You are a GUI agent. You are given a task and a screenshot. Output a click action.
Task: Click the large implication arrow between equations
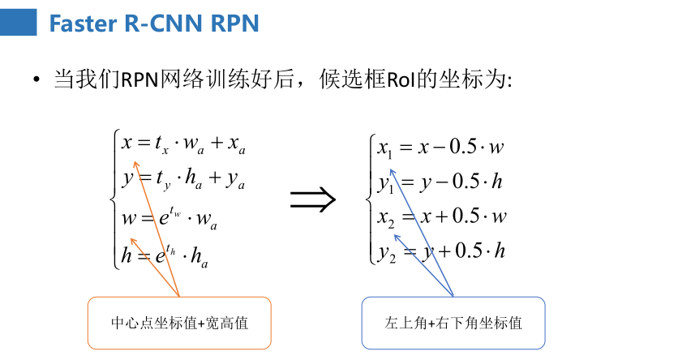[x=312, y=199]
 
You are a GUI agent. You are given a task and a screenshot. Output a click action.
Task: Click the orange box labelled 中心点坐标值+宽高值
[x=178, y=323]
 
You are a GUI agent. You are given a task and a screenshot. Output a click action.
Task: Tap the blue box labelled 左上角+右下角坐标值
[x=453, y=323]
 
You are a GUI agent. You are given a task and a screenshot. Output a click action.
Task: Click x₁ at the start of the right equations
[x=385, y=148]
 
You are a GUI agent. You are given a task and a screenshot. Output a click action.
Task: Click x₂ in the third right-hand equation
[x=385, y=217]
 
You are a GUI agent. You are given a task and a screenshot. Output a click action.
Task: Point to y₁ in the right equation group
[x=386, y=183]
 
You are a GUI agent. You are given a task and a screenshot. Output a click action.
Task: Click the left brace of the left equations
[x=116, y=199]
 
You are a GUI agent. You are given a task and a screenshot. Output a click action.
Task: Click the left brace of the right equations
[x=372, y=199]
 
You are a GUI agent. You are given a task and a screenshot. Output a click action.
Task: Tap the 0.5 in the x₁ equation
[x=465, y=147]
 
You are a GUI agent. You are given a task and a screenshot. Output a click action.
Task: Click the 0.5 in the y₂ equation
[x=468, y=251]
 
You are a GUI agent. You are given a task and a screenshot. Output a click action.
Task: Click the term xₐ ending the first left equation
[x=236, y=147]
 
